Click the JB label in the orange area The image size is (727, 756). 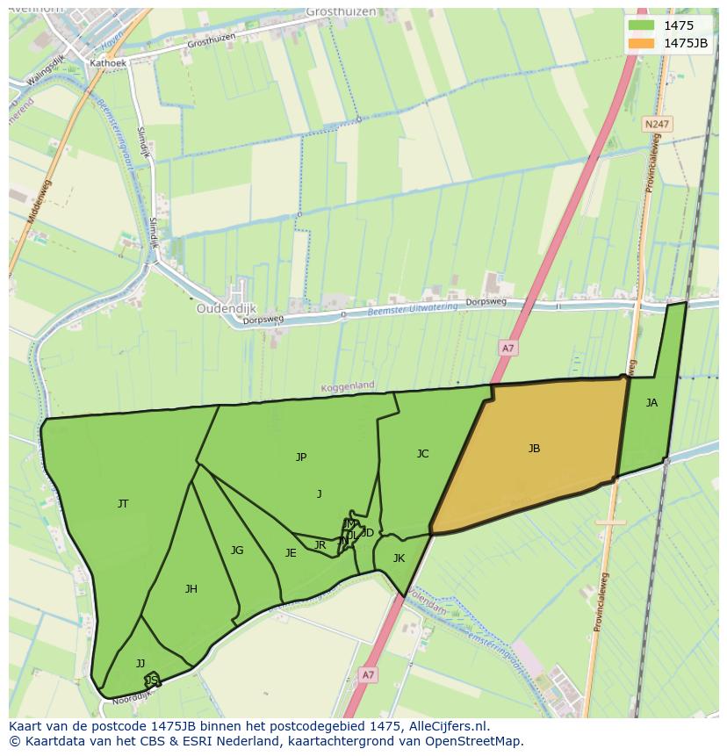coord(534,449)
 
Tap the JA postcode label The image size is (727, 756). coord(651,403)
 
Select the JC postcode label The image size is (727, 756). coord(422,454)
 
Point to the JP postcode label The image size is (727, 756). coord(301,457)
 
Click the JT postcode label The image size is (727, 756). coord(123,503)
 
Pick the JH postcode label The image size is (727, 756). coord(191,588)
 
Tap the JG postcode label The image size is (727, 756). coord(237,551)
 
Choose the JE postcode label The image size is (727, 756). coord(291,553)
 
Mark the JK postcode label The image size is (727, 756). coord(399,558)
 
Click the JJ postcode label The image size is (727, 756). coord(140,663)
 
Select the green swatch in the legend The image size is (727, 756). coord(642,25)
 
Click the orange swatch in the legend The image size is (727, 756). coord(642,42)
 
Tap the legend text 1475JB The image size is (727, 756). coord(686,42)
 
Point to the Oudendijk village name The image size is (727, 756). coord(227,309)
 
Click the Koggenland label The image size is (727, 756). coord(347,385)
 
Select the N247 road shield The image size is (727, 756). coord(656,125)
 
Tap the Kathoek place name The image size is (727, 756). coord(109,63)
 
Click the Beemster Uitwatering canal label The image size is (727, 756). coord(413,309)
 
